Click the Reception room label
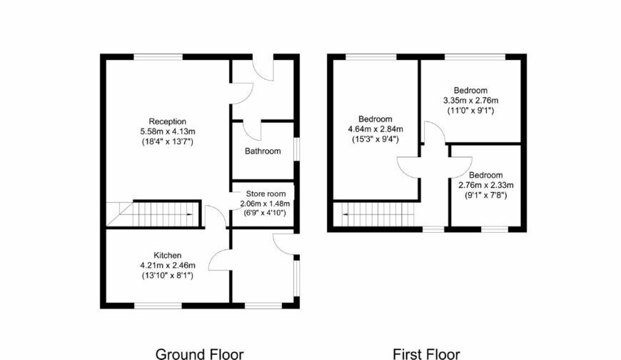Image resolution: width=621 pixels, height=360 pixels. click(167, 121)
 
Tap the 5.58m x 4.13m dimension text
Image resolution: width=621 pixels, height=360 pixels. click(168, 131)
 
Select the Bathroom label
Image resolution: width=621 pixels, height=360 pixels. click(263, 151)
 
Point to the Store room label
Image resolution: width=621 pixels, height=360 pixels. click(266, 194)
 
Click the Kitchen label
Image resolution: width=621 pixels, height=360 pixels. click(168, 255)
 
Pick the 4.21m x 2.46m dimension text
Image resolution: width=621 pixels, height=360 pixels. click(168, 265)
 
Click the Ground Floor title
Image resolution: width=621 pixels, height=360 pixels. click(199, 354)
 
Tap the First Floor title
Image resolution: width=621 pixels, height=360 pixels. click(426, 354)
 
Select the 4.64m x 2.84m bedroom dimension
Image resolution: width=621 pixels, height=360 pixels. click(375, 129)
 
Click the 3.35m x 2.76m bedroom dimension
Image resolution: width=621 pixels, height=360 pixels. click(470, 100)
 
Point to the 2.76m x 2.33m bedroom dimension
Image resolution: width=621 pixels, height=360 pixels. click(486, 185)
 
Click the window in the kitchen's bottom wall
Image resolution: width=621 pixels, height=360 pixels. click(158, 306)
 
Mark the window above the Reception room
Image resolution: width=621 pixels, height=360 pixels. click(158, 56)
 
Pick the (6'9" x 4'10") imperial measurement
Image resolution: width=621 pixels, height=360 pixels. click(265, 213)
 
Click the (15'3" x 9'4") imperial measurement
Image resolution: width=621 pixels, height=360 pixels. click(375, 139)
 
